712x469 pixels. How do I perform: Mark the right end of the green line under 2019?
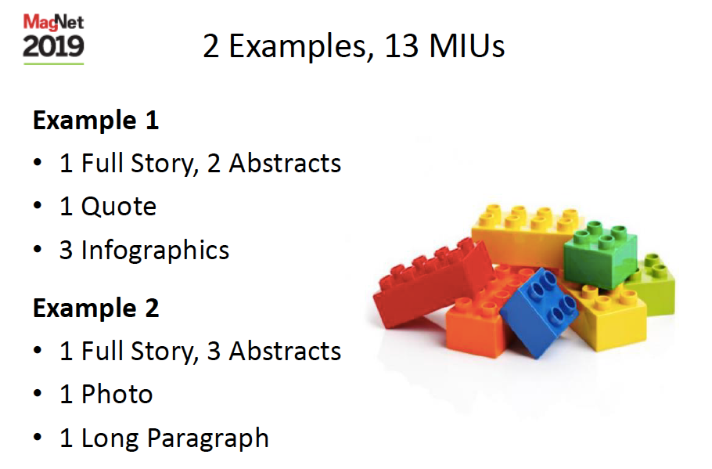84,63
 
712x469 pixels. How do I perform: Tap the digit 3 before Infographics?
66,250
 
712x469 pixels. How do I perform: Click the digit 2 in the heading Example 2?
152,308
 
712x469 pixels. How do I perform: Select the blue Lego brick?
538,312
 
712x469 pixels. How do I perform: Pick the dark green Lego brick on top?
600,254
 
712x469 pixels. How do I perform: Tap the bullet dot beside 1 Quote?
38,206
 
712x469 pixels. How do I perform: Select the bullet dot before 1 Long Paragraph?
38,437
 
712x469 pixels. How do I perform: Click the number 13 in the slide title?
401,46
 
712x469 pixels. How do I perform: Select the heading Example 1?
95,121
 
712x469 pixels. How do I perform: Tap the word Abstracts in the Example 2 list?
285,352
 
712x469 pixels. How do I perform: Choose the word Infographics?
155,251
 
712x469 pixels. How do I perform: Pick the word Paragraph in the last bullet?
208,439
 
